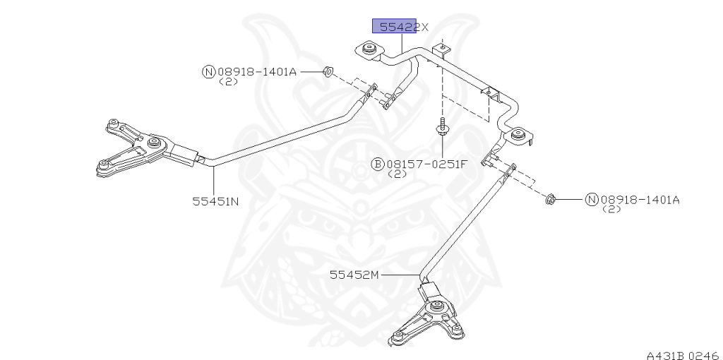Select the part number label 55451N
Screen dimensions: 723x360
[x=215, y=200]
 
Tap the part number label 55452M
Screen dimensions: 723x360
[x=354, y=275]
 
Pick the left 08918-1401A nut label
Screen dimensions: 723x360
[x=257, y=71]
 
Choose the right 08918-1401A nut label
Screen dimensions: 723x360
[x=639, y=200]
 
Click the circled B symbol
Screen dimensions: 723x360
[x=378, y=164]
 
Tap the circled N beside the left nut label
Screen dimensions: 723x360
[x=208, y=71]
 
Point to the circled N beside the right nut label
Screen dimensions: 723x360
[x=591, y=200]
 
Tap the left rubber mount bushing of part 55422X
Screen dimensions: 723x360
[x=368, y=50]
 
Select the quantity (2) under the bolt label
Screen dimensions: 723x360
[x=398, y=174]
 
